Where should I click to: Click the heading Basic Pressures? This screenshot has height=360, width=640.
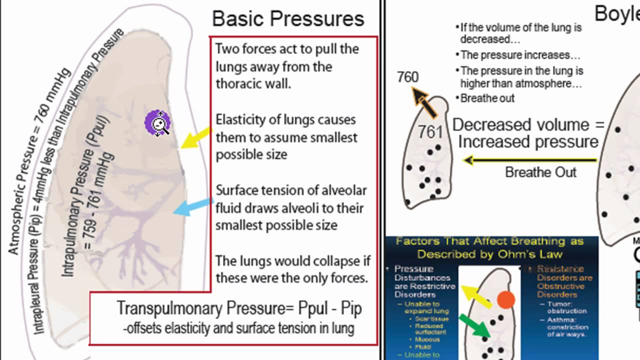coord(288,19)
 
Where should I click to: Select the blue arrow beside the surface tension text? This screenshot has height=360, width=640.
coord(192,206)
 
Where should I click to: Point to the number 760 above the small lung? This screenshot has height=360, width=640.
coord(407,77)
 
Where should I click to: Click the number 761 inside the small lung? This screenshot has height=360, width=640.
coord(430,132)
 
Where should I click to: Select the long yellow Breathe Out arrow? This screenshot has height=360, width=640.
coord(530,160)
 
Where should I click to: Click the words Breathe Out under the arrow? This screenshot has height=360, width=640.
coord(540,172)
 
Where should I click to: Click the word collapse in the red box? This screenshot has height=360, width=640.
coord(325,261)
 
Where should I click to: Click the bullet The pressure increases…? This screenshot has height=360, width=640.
coord(520,55)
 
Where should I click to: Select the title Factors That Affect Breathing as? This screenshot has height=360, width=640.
coord(489,241)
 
